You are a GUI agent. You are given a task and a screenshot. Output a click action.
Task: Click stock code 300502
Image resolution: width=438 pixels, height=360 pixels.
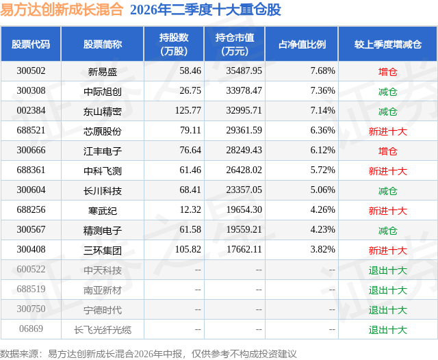coord(31,70)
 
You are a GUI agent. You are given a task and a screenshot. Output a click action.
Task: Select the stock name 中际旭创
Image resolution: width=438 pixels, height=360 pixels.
coord(102,91)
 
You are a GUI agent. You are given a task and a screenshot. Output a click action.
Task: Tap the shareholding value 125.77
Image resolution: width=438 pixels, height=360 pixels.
coord(188,110)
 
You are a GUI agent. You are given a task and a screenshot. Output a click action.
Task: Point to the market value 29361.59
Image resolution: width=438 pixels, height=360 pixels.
coord(244,130)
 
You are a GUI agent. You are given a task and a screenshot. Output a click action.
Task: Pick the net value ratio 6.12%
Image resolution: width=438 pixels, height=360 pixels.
coord(322,150)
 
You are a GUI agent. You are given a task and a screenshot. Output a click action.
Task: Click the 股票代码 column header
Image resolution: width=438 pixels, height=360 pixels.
coord(31,44)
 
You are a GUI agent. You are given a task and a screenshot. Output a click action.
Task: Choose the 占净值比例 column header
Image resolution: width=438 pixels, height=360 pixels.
coord(302,44)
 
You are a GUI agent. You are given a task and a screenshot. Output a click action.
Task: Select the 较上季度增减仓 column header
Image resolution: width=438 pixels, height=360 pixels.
coord(388,44)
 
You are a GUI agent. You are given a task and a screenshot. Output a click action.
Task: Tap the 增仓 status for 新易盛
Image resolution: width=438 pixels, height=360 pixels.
coord(388,72)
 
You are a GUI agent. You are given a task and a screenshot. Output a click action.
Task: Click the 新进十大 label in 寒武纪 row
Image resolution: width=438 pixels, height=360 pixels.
coord(388,211)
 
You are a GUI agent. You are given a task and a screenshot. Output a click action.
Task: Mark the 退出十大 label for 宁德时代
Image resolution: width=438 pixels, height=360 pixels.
coord(388,310)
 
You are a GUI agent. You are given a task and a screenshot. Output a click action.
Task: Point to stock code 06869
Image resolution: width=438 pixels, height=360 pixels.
coord(31,329)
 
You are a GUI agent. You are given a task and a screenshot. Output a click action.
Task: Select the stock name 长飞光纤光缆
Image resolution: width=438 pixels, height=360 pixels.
coord(102,330)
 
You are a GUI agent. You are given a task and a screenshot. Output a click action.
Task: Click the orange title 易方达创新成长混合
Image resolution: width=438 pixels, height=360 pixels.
coord(62,10)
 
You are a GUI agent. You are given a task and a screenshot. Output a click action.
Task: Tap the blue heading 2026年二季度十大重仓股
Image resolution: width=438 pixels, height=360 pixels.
coord(205,10)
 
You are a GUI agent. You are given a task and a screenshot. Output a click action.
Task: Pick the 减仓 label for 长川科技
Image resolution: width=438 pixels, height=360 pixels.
coord(388,191)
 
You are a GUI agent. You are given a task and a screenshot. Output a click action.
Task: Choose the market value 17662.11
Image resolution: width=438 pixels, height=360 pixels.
coord(244,249)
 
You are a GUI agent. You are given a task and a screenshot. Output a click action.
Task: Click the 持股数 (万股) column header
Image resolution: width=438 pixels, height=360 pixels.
coord(174,44)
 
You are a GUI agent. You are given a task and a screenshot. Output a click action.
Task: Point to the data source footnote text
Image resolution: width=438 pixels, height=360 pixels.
coord(148,354)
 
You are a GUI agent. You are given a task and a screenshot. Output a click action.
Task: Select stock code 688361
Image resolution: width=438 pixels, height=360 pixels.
coord(31,170)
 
